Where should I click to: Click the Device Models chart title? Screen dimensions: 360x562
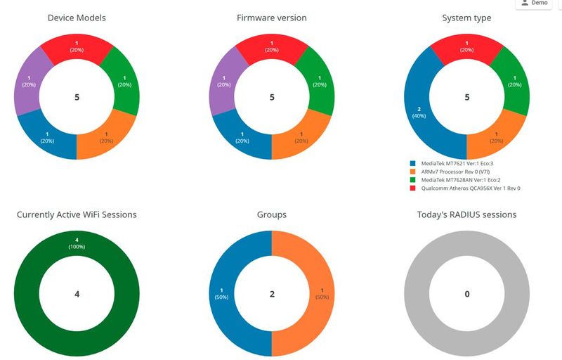point(77,18)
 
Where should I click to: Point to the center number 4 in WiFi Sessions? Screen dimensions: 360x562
point(77,294)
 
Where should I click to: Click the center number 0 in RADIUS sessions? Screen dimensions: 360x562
point(467,294)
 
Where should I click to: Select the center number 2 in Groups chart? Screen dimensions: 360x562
point(272,294)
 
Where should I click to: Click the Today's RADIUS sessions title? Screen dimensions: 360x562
point(467,214)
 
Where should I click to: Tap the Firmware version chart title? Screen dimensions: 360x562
point(272,18)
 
